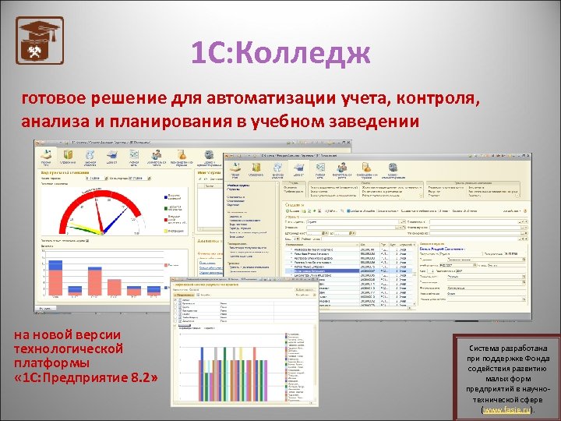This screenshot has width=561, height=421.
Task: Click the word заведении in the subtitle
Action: [x=373, y=122]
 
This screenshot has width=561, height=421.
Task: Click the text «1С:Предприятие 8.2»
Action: [x=86, y=377]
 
